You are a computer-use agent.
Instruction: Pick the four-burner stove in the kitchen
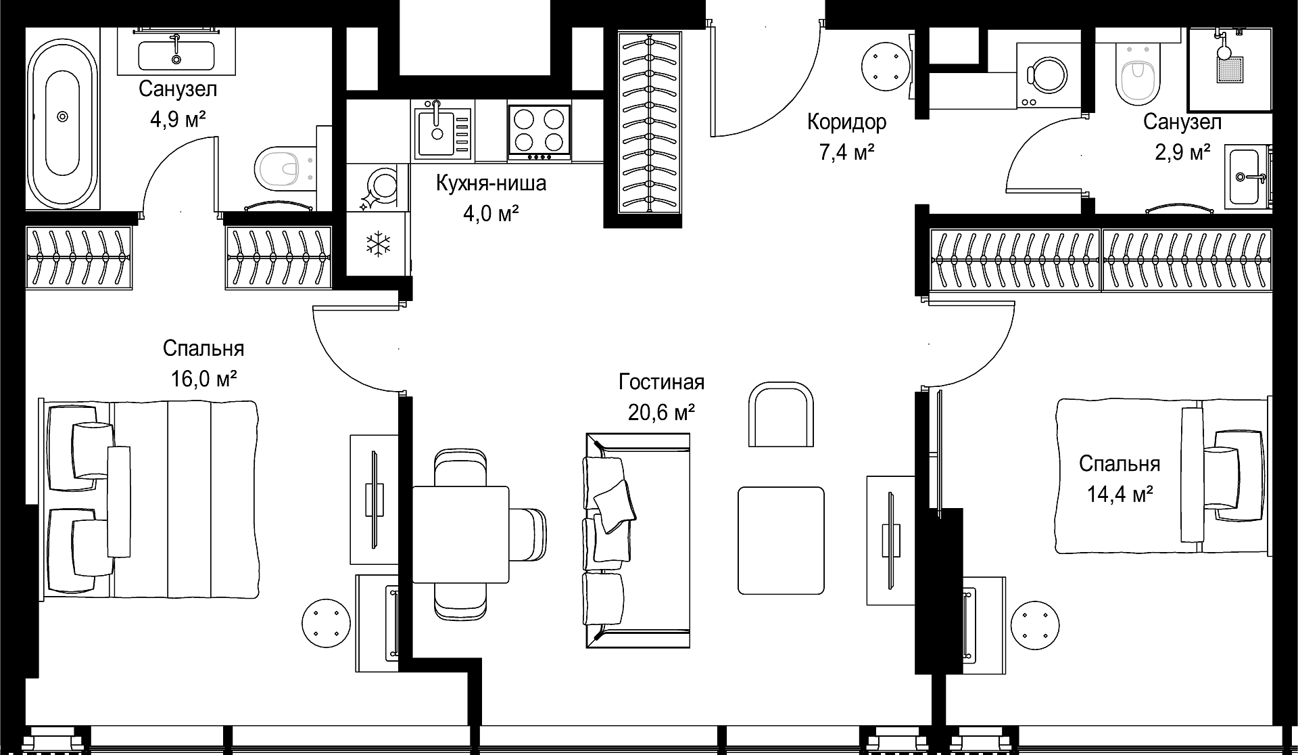(539, 133)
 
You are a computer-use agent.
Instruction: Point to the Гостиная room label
(661, 382)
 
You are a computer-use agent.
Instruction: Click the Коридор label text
(846, 122)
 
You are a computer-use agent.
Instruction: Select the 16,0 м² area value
(203, 378)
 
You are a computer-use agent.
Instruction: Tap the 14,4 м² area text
(1120, 494)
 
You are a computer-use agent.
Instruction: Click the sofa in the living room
(638, 541)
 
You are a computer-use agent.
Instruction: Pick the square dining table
(460, 534)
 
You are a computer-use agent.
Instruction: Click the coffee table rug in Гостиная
(781, 541)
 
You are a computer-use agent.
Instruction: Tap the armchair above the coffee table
(780, 413)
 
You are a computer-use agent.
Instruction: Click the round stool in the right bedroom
(1036, 624)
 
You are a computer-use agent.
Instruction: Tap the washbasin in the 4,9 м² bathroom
(176, 55)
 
